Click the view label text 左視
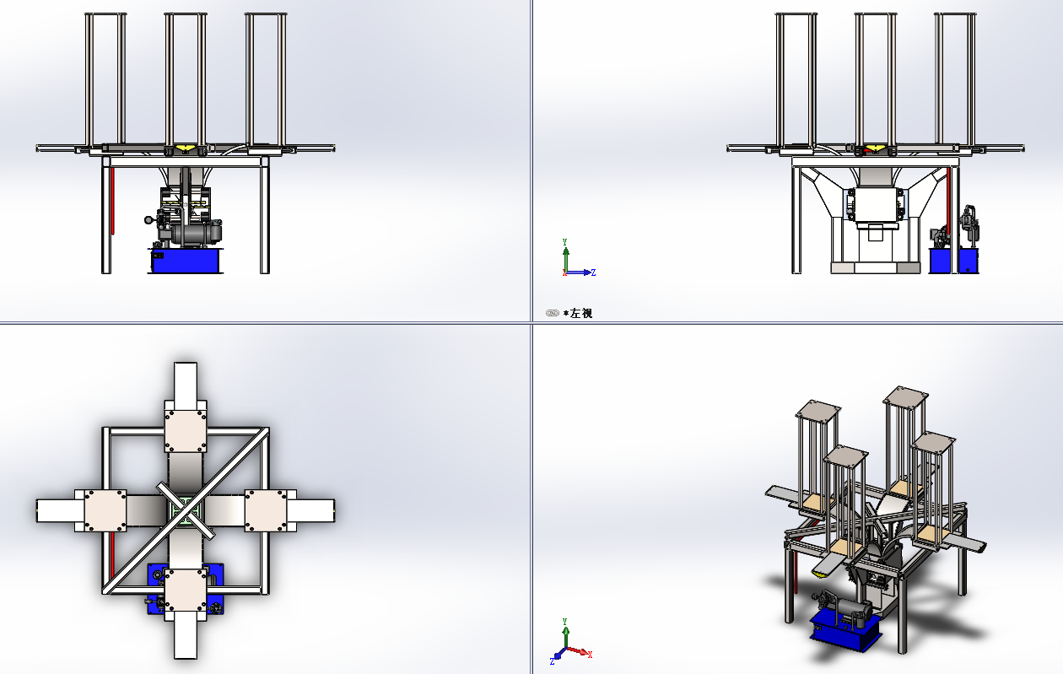point(581,313)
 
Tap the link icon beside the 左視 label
point(553,313)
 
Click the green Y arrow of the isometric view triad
point(565,634)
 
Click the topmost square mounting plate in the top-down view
point(186,431)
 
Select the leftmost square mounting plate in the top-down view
point(105,510)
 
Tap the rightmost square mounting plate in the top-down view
point(266,510)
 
